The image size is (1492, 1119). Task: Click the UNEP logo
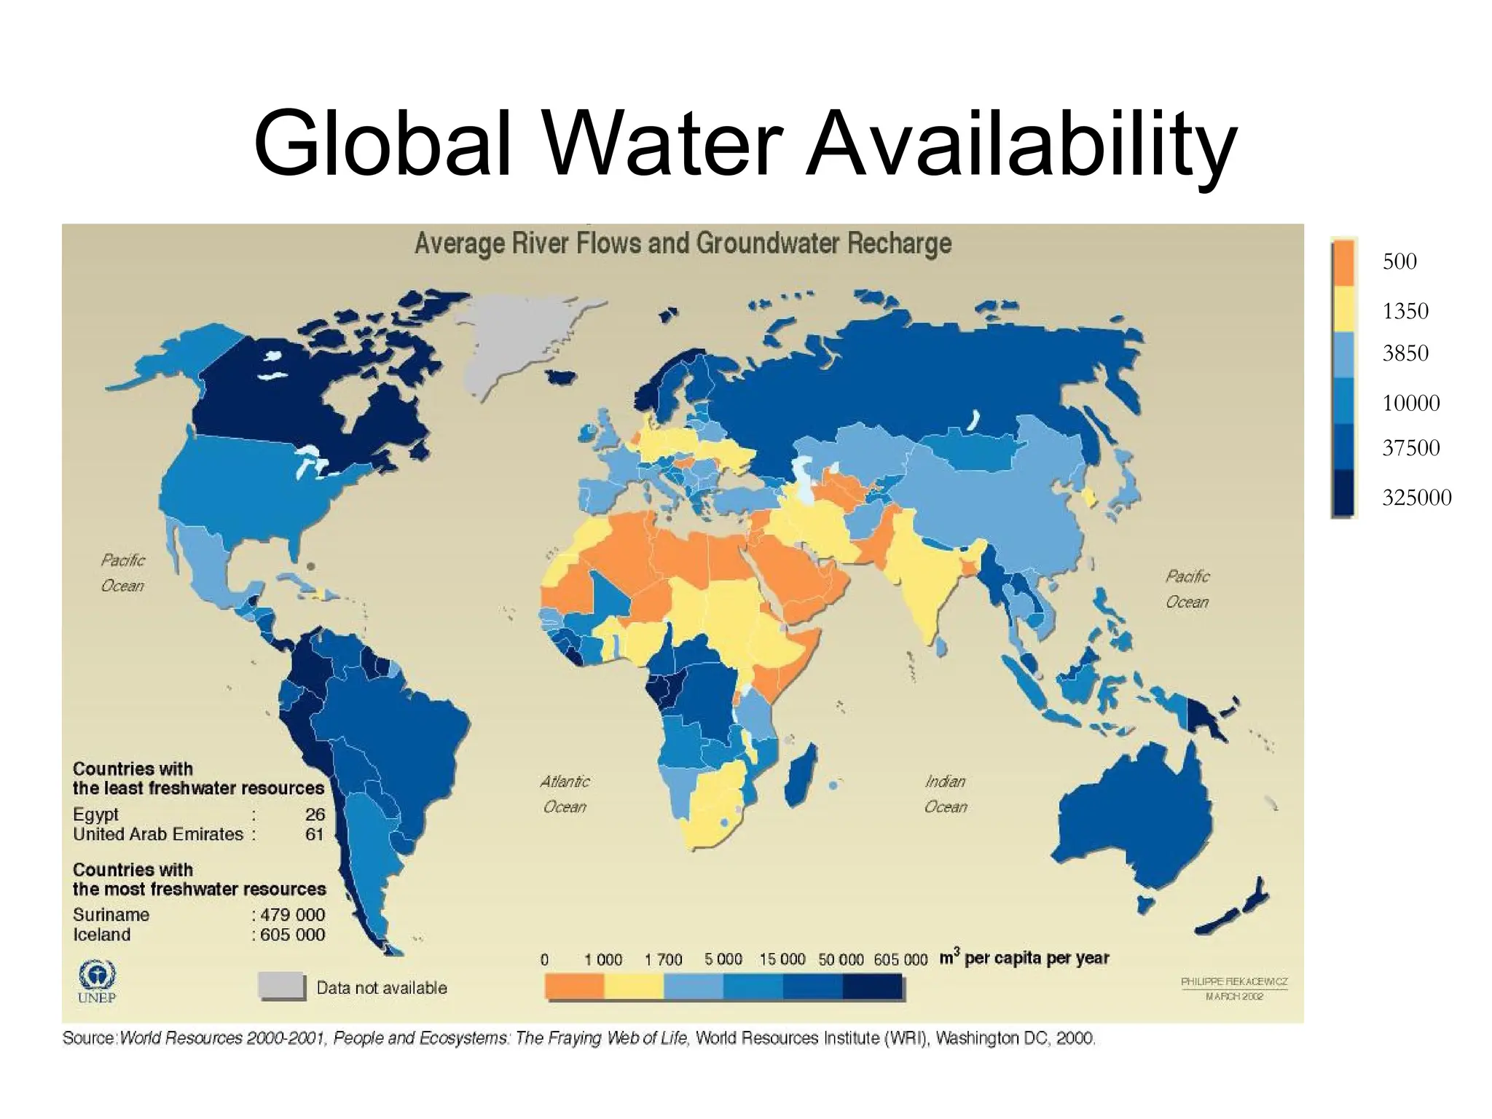tap(96, 980)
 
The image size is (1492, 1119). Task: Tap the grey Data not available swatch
tap(281, 986)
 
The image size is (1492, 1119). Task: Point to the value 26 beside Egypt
tap(315, 814)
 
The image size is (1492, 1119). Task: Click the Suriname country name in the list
tap(111, 915)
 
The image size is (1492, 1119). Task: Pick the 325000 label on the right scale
tap(1416, 498)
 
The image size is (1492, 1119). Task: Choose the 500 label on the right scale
tap(1399, 262)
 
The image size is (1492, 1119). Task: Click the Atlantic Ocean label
tap(565, 793)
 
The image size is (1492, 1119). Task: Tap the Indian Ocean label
tap(946, 793)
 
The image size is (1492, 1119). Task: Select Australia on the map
tap(1136, 816)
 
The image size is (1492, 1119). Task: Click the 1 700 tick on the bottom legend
tap(663, 959)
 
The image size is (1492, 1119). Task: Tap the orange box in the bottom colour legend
tap(575, 986)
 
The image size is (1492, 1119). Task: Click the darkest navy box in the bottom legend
tap(872, 986)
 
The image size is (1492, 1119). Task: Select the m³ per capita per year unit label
tap(1024, 958)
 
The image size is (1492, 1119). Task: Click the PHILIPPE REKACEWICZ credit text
tap(1233, 982)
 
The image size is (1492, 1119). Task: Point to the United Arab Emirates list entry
tap(157, 834)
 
